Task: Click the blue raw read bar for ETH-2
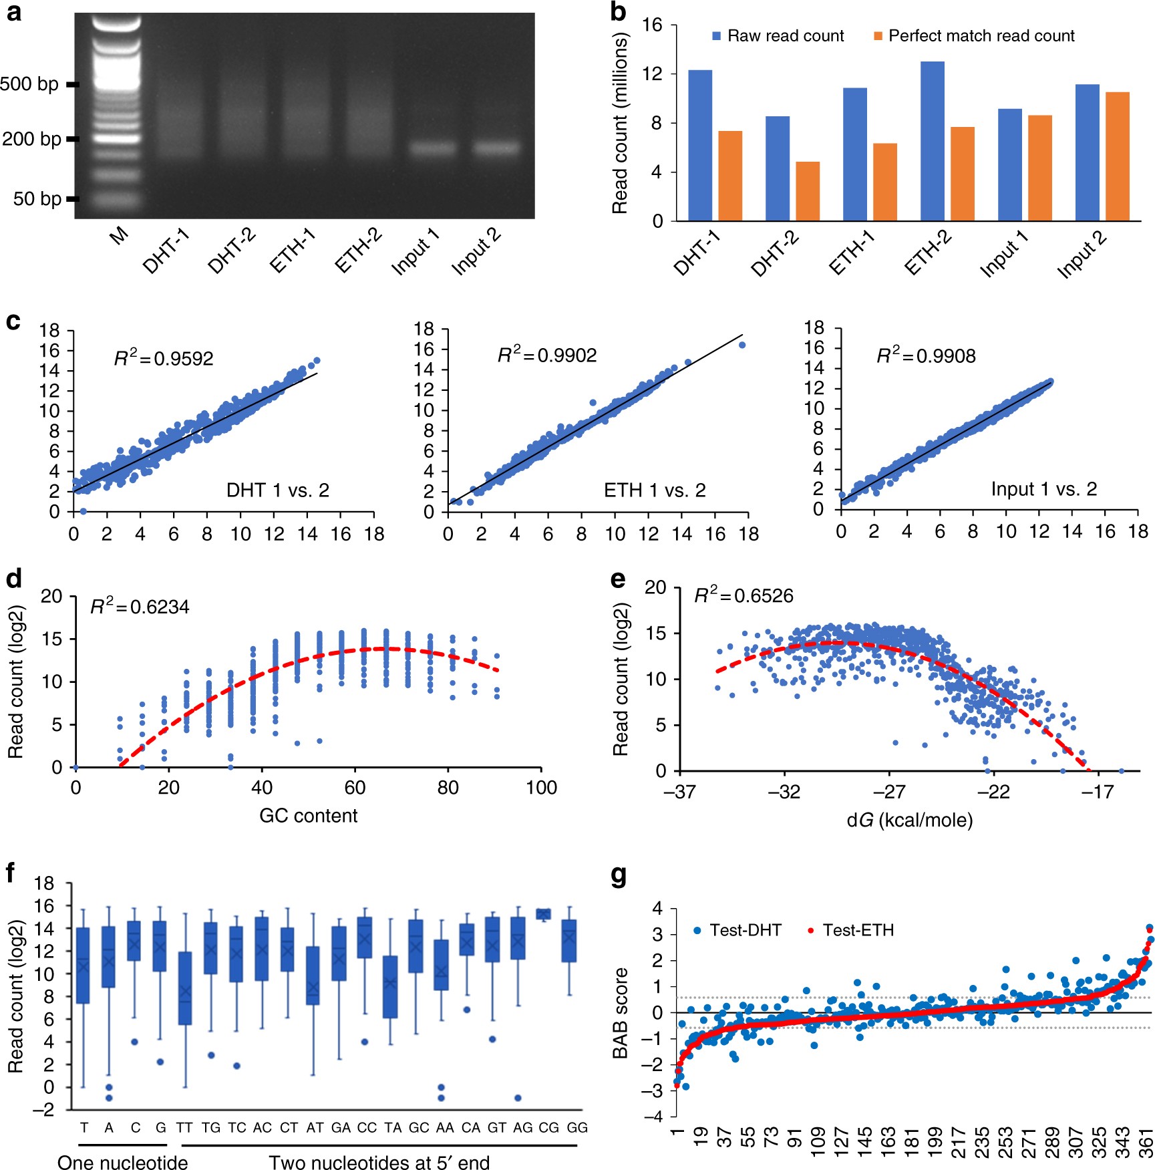pyautogui.click(x=932, y=141)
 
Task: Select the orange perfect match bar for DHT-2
pyautogui.click(x=807, y=191)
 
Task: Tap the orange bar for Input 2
pyautogui.click(x=1117, y=156)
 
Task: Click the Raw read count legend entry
pyautogui.click(x=778, y=36)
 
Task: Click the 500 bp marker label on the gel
pyautogui.click(x=29, y=84)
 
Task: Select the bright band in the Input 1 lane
pyautogui.click(x=432, y=148)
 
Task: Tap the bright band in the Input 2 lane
pyautogui.click(x=496, y=148)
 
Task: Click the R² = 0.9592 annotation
pyautogui.click(x=164, y=358)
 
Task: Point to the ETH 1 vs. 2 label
pyautogui.click(x=655, y=490)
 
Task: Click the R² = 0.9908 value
pyautogui.click(x=926, y=355)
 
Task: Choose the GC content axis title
pyautogui.click(x=308, y=815)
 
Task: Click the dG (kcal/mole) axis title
pyautogui.click(x=909, y=820)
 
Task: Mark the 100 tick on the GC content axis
pyautogui.click(x=541, y=788)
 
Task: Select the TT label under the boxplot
pyautogui.click(x=184, y=1127)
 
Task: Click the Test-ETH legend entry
pyautogui.click(x=851, y=930)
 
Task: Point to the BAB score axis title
pyautogui.click(x=621, y=1012)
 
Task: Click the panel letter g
pyautogui.click(x=619, y=876)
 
